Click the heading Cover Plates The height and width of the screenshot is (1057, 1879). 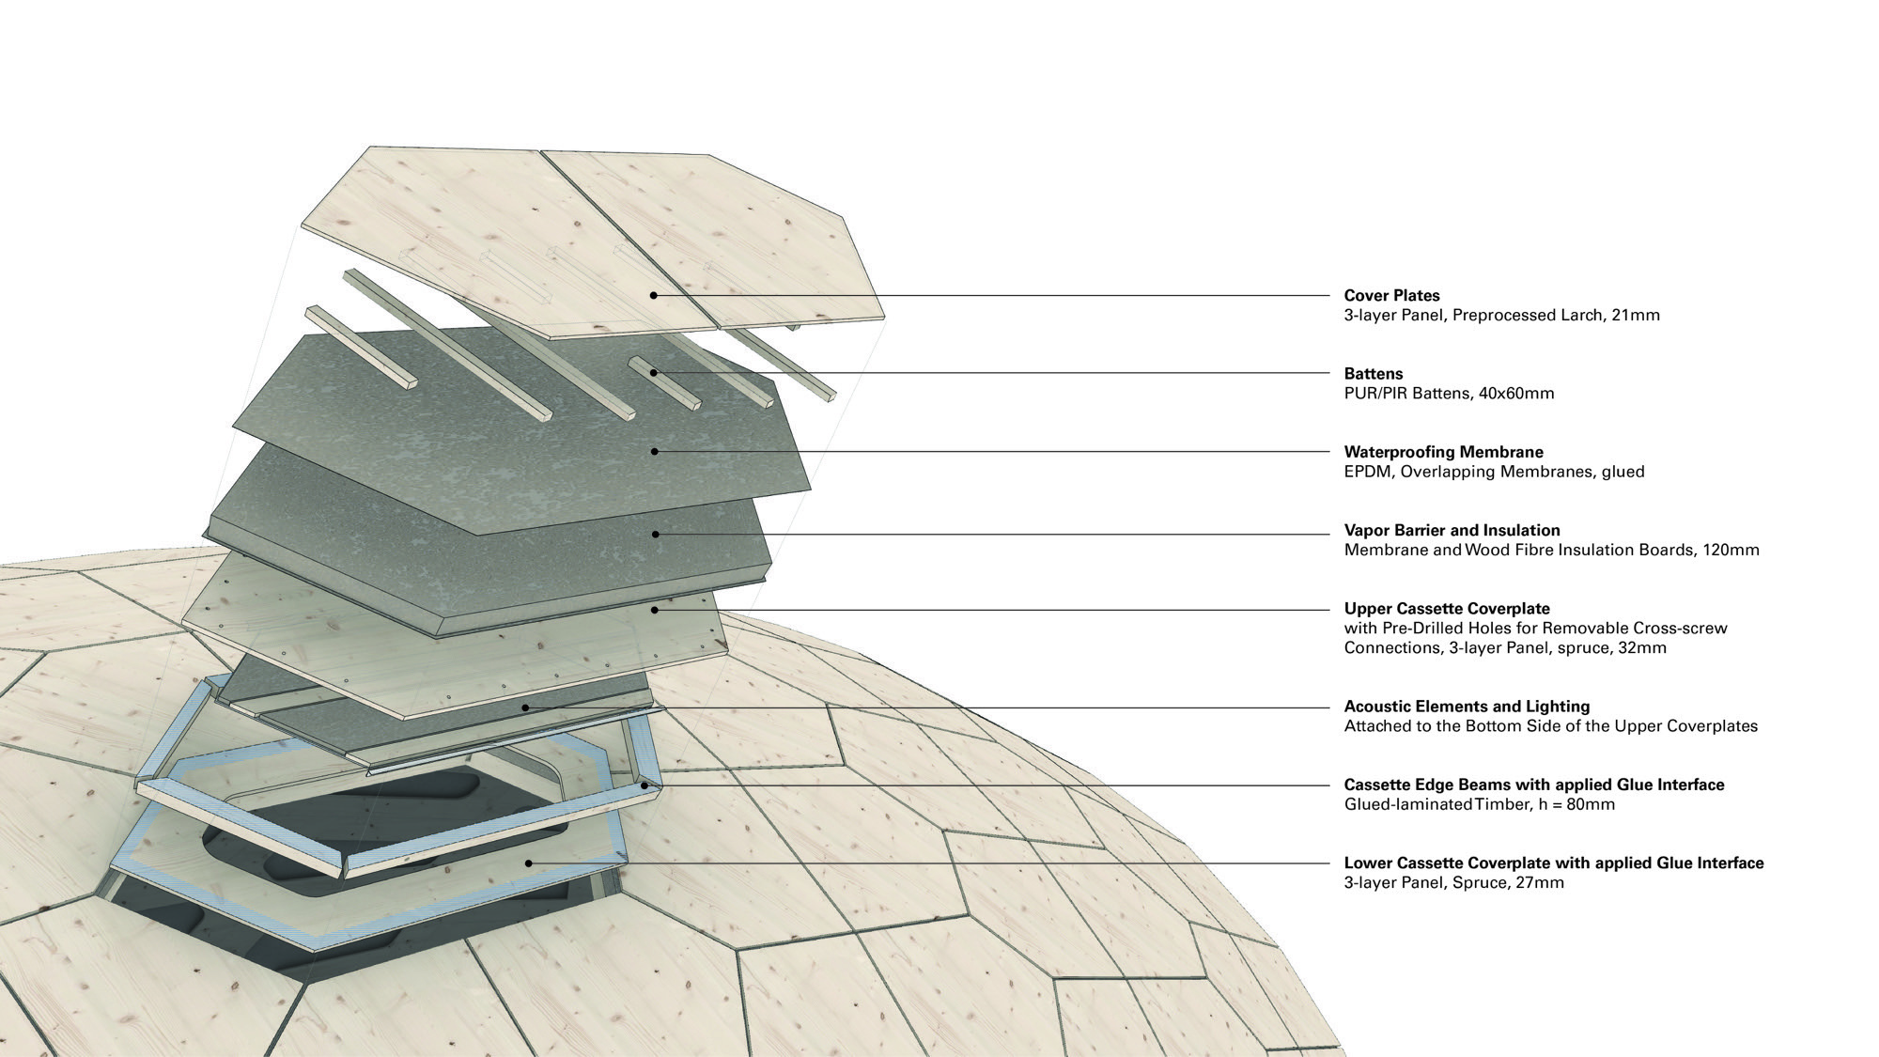1392,296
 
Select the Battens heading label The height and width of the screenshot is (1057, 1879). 1374,374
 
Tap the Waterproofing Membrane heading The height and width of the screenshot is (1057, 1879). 1444,452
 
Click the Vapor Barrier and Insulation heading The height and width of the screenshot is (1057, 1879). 1452,531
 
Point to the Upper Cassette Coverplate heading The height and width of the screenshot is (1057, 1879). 1448,609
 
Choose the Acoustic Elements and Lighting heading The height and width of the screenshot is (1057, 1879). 1467,707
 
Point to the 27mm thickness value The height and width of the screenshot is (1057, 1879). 1541,882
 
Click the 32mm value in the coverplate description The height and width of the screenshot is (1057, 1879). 1642,647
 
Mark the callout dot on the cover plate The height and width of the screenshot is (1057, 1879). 654,296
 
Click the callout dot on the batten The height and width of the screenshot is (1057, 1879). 654,374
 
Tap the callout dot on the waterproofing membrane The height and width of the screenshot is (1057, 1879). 655,452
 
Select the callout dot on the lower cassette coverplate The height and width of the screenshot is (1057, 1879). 529,863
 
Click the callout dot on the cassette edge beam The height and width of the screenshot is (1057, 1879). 644,785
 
